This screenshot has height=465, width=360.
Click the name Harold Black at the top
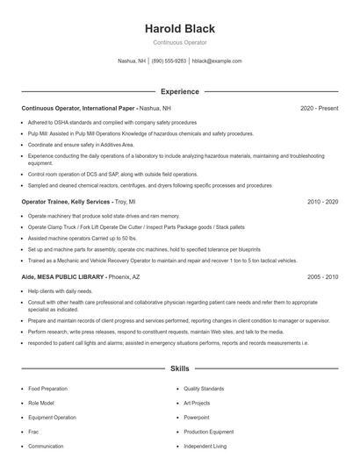(179, 29)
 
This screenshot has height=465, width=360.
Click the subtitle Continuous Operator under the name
(179, 42)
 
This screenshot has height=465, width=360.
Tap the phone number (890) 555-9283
(169, 61)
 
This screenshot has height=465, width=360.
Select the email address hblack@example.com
(216, 61)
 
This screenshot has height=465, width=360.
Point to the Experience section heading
(179, 91)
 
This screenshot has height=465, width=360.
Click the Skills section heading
(179, 370)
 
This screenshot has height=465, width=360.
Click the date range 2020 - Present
(319, 108)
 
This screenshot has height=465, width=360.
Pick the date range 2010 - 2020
(322, 202)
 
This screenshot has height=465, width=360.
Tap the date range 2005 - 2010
(322, 276)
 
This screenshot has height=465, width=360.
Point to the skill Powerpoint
(198, 418)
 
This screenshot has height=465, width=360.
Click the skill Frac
(32, 432)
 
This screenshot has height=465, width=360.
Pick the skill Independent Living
(204, 446)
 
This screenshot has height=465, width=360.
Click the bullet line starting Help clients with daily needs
(60, 290)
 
